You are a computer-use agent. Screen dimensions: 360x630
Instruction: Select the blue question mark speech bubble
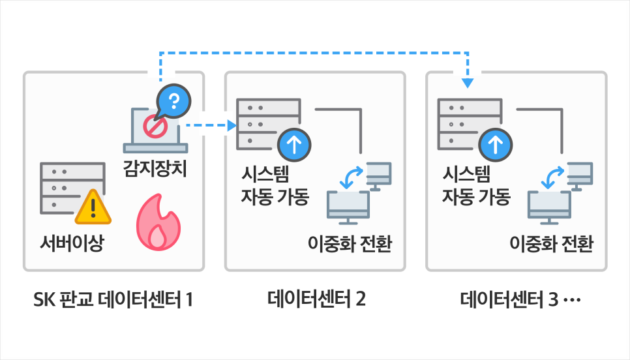173,100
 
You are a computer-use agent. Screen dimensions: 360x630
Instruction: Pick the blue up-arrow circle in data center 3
496,145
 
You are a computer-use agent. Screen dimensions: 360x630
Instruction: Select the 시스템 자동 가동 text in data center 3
475,185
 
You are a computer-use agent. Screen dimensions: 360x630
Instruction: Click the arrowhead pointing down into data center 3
468,83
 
